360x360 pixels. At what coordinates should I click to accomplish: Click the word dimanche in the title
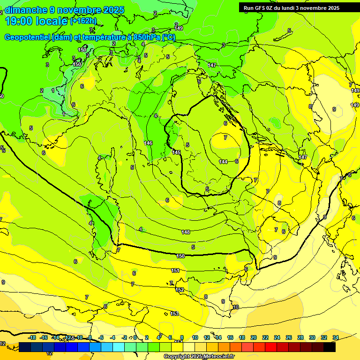coord(26,10)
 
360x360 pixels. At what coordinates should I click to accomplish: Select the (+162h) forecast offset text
coord(83,21)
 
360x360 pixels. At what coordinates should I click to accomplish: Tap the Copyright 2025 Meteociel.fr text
coord(199,356)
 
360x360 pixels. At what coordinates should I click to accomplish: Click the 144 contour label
coord(223,162)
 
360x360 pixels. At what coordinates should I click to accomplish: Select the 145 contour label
coord(176,152)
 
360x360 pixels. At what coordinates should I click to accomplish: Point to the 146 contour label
coord(148,143)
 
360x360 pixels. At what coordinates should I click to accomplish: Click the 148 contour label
coord(186,232)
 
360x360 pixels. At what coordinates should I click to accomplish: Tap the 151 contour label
coord(175,270)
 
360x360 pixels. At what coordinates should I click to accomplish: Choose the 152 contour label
coord(180,290)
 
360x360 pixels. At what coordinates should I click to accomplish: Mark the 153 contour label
coord(174,314)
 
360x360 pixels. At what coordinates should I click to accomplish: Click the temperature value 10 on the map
coord(235,307)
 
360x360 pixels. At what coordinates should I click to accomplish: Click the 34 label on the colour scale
coord(336,337)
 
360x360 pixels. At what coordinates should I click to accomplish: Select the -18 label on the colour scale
coord(32,337)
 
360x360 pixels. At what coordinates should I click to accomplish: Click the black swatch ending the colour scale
coord(330,347)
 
